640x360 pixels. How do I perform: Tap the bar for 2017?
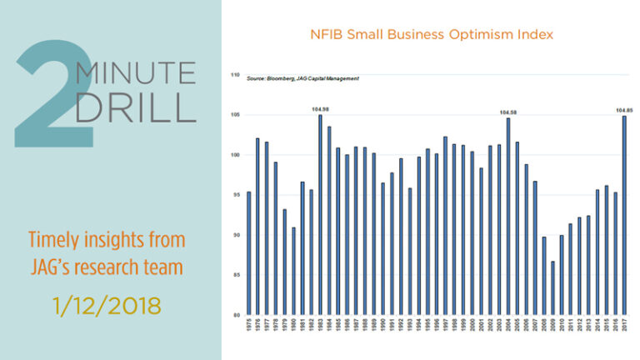click(x=624, y=216)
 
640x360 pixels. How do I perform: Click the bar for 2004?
click(x=508, y=217)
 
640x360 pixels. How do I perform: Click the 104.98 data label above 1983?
click(x=320, y=109)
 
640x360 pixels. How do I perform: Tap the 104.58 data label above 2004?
click(x=508, y=112)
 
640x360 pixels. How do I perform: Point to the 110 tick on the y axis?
click(x=235, y=75)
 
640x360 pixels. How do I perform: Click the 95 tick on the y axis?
click(x=236, y=195)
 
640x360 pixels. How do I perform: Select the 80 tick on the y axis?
click(x=236, y=316)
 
